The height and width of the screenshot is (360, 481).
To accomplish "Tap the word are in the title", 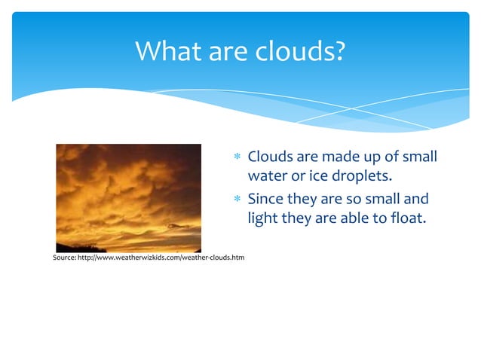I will coord(224,51).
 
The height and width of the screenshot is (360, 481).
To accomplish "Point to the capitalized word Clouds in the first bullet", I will coord(270,157).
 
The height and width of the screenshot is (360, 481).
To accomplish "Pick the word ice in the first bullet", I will coord(314,177).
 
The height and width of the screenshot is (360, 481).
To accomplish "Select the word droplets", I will coord(361,177).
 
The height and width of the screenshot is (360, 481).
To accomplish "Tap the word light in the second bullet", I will coord(263,219).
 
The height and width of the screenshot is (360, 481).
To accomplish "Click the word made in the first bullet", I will coord(341,157).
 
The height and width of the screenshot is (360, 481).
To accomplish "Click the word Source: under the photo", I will coord(64,259).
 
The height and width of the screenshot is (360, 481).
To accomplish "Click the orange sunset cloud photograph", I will coord(129,197).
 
